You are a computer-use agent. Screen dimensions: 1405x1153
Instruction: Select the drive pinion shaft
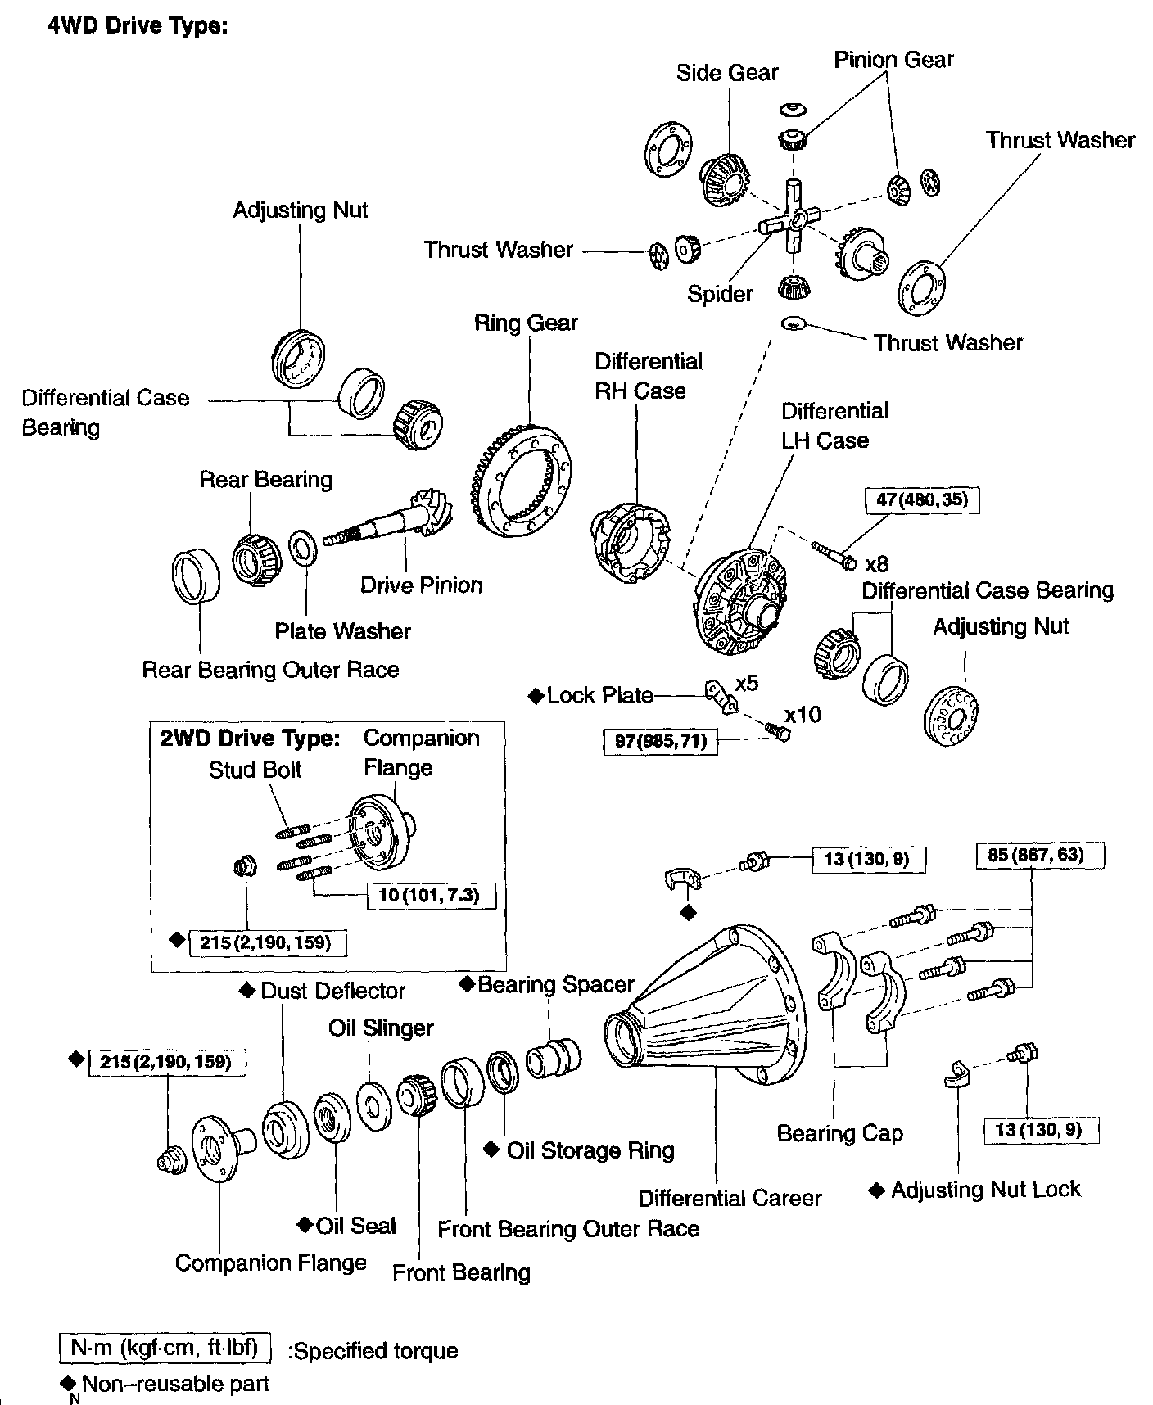coord(385,524)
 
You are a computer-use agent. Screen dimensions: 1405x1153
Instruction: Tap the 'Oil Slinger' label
coord(381,1028)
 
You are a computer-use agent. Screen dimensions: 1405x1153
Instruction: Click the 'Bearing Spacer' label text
coord(556,984)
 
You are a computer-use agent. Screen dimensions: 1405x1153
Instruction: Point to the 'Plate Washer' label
coord(342,631)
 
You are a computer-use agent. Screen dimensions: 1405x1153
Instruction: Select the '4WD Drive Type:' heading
coord(137,26)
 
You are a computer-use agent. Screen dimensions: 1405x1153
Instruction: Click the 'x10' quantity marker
coord(803,715)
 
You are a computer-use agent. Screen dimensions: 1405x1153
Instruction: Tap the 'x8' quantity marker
coord(876,564)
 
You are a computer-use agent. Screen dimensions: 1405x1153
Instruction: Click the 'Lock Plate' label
coord(599,696)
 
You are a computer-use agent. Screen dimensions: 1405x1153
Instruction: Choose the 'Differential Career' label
coord(730,1199)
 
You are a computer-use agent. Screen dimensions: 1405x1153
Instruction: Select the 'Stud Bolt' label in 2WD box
coord(255,770)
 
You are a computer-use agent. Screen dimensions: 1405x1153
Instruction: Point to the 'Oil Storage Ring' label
coord(590,1150)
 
